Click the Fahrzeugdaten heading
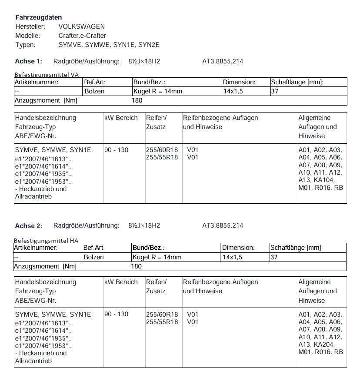coord(39,17)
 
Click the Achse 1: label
coord(29,61)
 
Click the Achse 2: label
coord(29,226)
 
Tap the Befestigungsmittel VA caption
coord(47,75)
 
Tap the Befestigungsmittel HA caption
coord(46,240)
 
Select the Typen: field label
coord(25,45)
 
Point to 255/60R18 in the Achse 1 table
coord(162,150)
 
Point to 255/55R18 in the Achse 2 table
coord(162,322)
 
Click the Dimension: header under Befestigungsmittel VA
coord(239,82)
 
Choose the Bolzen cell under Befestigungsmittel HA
coord(94,257)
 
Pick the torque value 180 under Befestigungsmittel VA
coord(137,100)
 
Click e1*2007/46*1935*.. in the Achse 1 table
coord(43,174)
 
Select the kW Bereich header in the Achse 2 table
coord(121,282)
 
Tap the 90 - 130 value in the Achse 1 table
coord(117,150)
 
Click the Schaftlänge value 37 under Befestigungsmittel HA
coord(274,257)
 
